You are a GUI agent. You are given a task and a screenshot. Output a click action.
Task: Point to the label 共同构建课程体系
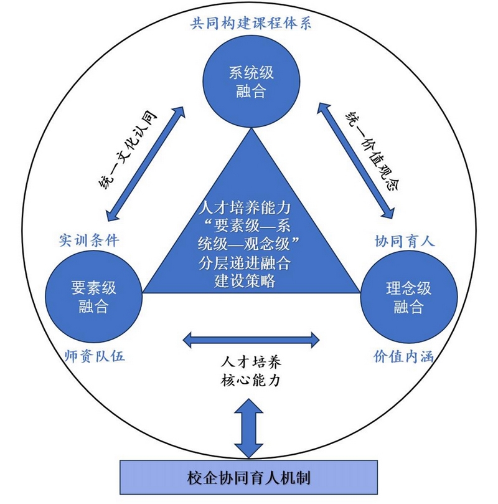(x=251, y=24)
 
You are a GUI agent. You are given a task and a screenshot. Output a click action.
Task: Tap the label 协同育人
(x=405, y=240)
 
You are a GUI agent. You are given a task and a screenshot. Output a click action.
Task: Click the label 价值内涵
(x=403, y=356)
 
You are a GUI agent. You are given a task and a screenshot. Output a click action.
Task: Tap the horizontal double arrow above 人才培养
(x=251, y=340)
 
